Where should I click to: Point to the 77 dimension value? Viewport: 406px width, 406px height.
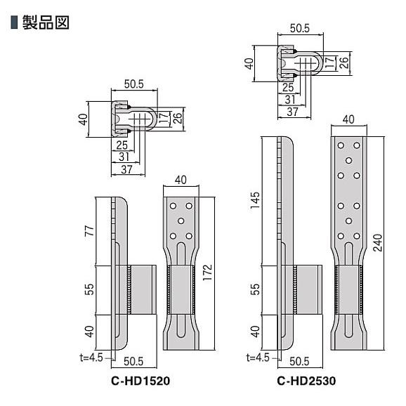[x=88, y=231]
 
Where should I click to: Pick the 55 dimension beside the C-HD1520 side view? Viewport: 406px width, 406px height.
[x=88, y=289]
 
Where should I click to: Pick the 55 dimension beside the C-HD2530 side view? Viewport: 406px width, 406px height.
[x=255, y=289]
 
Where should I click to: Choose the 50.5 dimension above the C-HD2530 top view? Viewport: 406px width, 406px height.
[x=300, y=29]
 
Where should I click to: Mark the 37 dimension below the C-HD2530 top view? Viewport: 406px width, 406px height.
[x=292, y=112]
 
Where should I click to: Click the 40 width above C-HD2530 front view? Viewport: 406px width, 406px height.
[x=350, y=119]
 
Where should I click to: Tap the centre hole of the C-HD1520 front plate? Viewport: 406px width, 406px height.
[x=181, y=221]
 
